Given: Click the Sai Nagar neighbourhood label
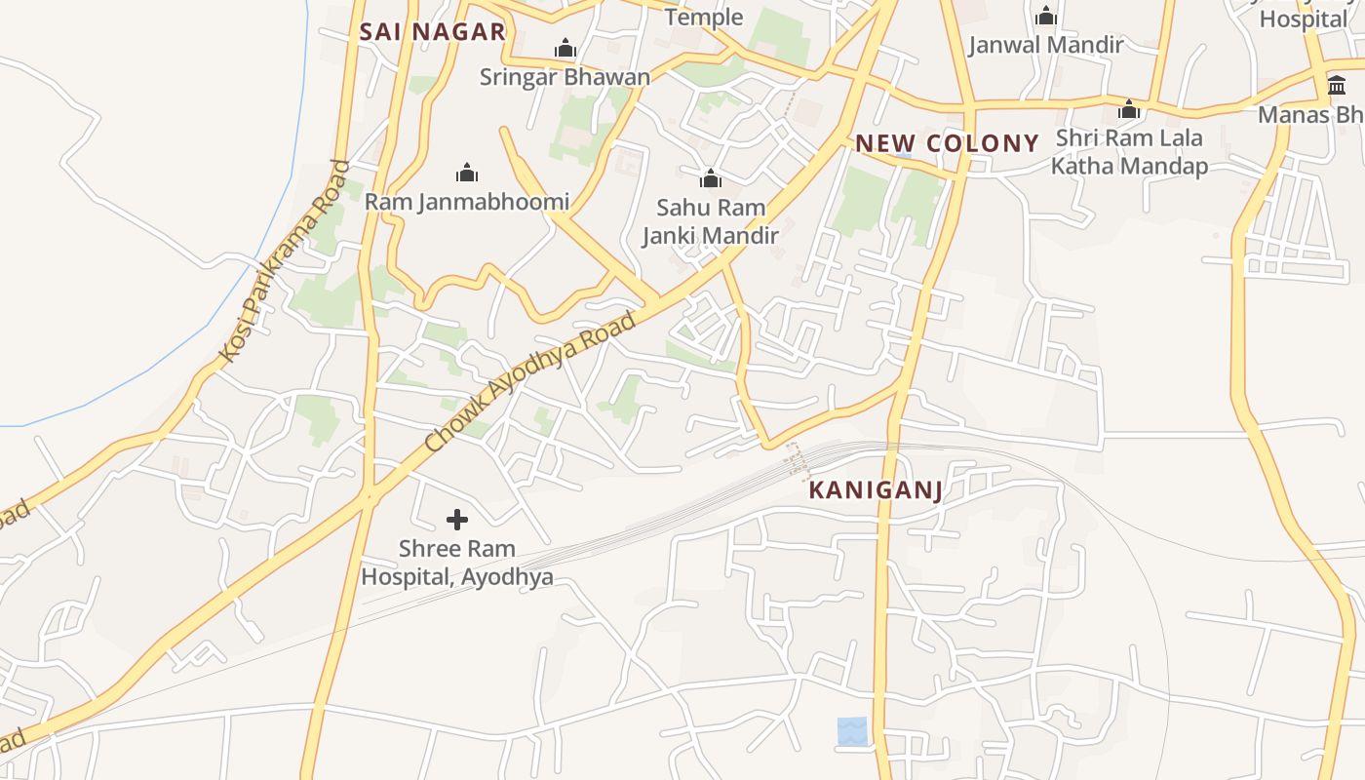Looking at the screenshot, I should tap(432, 31).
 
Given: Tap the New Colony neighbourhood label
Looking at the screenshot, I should tap(947, 143).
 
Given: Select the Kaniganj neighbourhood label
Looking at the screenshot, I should tap(876, 489).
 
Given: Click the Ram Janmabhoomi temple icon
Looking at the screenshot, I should tap(467, 174).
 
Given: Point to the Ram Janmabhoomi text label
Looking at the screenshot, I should tap(467, 202).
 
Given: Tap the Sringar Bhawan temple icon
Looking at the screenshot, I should tap(565, 48).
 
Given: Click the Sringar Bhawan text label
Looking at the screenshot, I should tap(565, 77).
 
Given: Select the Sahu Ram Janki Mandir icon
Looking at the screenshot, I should tap(711, 178).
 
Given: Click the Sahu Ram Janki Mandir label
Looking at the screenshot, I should tap(711, 221).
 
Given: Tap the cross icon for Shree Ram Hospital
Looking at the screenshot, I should tap(457, 520).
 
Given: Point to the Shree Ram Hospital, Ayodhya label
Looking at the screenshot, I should tap(457, 563).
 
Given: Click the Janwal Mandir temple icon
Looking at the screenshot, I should tap(1046, 16).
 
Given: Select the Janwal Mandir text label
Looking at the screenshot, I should tap(1046, 45).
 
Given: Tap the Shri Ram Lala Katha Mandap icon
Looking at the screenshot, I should tap(1129, 109).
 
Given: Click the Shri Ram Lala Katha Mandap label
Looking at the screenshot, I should tap(1129, 151).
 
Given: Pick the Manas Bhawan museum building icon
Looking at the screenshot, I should tap(1337, 86).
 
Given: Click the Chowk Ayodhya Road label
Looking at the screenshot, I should tap(532, 382).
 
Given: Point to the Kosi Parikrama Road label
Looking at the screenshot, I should tap(284, 261).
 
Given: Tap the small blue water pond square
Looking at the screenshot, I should tap(852, 731).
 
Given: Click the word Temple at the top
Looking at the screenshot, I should tap(703, 17).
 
